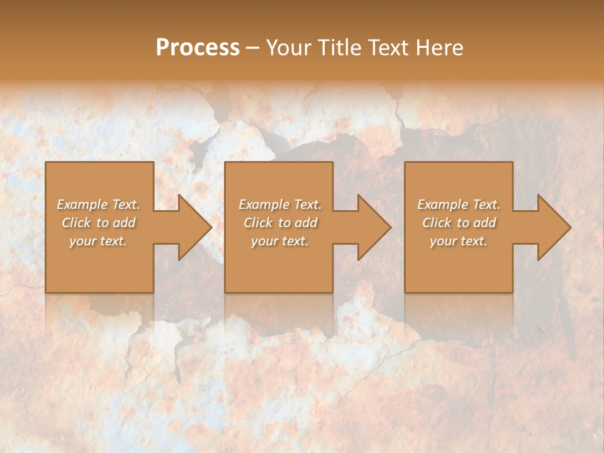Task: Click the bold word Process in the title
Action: point(198,48)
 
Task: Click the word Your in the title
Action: point(289,48)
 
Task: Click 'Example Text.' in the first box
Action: point(98,204)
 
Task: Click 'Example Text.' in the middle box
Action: point(280,204)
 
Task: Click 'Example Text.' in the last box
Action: point(459,204)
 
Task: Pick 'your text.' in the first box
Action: point(98,241)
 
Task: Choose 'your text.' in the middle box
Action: point(280,241)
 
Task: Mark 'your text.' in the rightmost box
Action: point(459,241)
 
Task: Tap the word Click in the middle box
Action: point(258,223)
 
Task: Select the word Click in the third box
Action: point(437,223)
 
